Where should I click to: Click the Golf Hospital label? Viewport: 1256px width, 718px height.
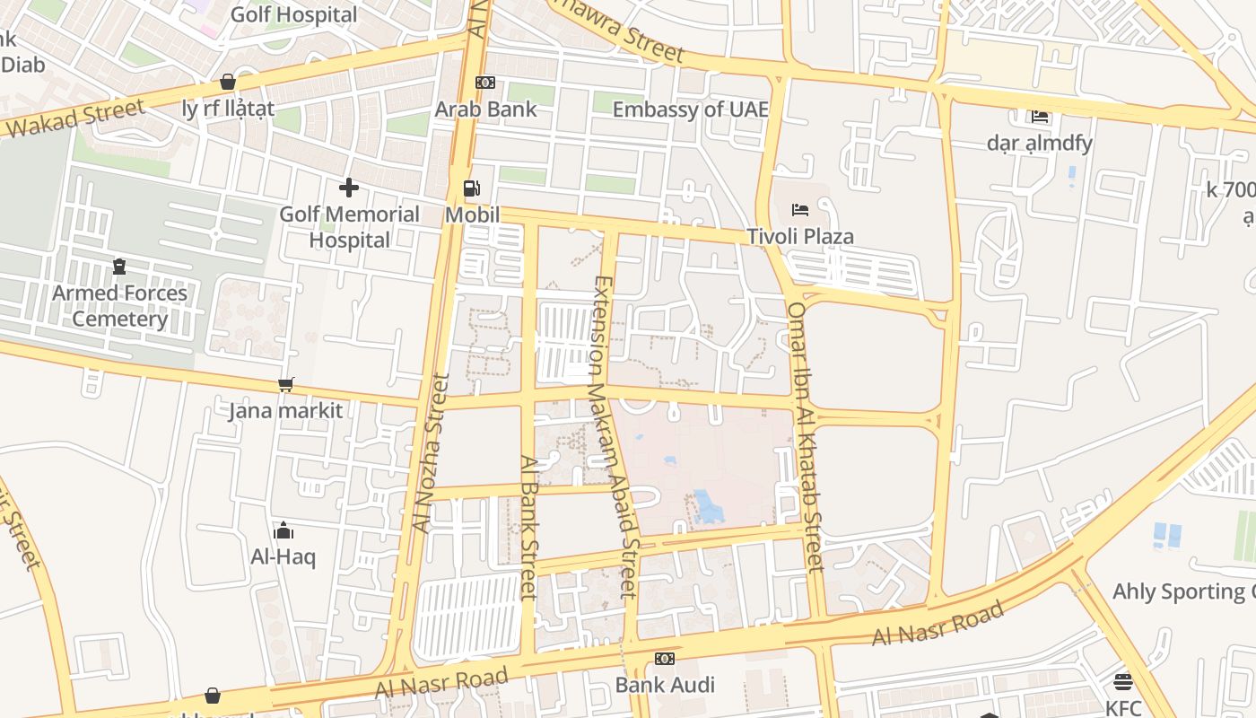(293, 15)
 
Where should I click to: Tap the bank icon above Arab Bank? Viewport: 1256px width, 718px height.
(485, 83)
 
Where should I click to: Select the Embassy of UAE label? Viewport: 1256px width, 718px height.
(690, 109)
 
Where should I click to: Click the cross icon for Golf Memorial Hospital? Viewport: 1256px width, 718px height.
(349, 188)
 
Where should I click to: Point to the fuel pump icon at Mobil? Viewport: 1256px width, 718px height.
(471, 188)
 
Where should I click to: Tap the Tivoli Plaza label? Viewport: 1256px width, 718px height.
(800, 237)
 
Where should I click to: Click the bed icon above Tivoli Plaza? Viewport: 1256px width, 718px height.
(800, 210)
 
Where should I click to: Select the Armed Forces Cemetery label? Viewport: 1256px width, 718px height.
(119, 306)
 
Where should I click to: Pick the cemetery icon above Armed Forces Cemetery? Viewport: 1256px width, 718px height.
(119, 267)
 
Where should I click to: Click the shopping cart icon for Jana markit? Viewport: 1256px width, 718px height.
(286, 385)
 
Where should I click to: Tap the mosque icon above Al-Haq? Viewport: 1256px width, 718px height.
(283, 530)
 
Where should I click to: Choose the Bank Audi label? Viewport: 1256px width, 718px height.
(665, 686)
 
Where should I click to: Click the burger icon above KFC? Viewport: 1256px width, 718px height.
(1122, 682)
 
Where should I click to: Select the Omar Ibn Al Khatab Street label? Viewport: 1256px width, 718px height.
(804, 437)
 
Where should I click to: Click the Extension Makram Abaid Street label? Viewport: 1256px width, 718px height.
(615, 437)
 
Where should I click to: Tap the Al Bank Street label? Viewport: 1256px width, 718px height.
(529, 528)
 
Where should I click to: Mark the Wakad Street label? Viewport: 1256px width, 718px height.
(76, 119)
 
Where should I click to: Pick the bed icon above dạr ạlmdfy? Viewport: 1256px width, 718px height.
(1040, 117)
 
